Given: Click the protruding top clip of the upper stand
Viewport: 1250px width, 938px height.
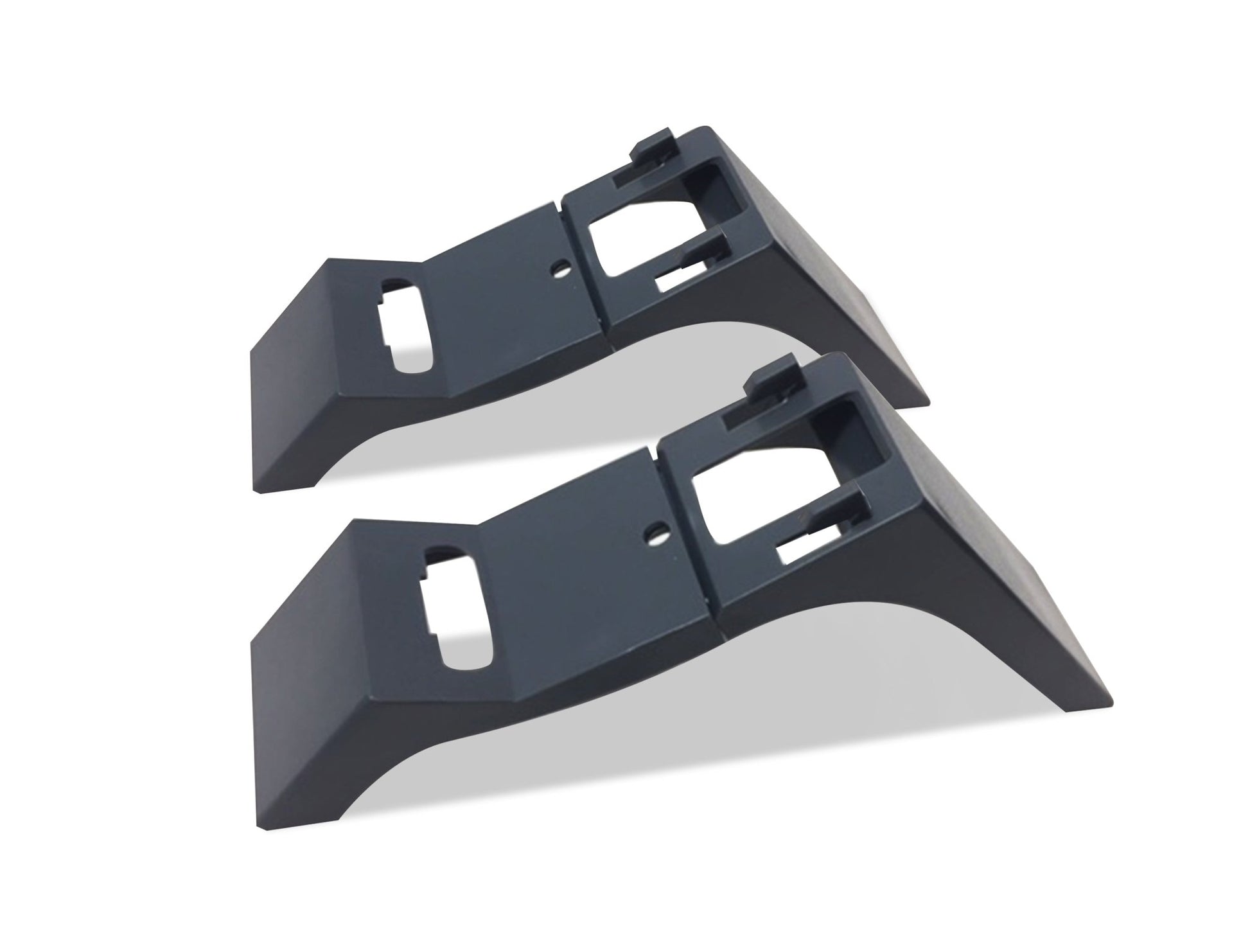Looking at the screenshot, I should (x=652, y=145).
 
